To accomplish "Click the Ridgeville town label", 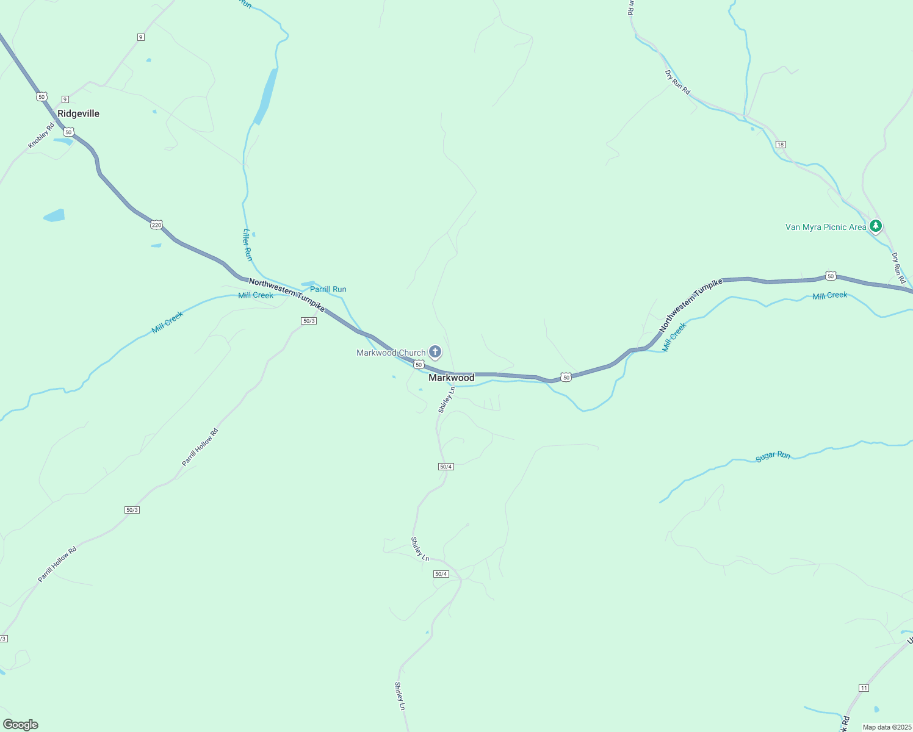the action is coord(78,113).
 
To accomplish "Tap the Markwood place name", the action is coord(451,378).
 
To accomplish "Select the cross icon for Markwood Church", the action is coord(435,351).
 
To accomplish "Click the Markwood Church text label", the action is coord(391,353).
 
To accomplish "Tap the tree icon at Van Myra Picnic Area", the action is coord(876,226).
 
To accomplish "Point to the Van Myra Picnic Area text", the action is coord(825,227).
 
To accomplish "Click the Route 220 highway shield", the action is coord(157,224).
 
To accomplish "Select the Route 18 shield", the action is coord(781,145).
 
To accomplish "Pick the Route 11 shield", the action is coord(863,688).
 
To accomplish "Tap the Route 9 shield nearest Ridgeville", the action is coord(65,99).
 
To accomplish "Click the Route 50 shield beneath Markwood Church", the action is coord(419,364).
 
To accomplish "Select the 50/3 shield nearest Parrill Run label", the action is coord(309,321).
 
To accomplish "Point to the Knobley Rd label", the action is coord(41,135).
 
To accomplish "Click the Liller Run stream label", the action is coord(248,245).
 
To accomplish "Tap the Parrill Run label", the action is coord(328,289).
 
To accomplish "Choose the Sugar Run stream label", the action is coord(773,456).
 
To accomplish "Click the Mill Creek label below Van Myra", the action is coord(829,296).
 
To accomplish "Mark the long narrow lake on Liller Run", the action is coord(267,96).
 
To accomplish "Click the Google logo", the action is coord(21,725).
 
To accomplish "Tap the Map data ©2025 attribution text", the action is coord(886,727).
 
